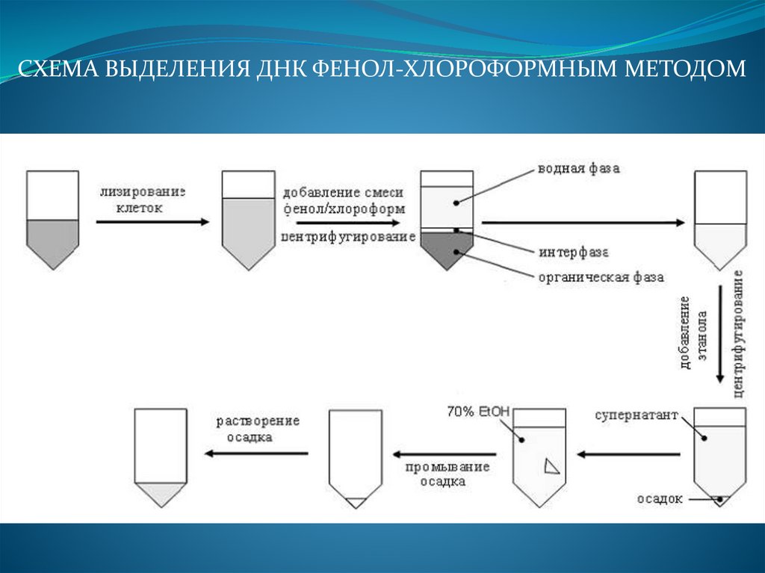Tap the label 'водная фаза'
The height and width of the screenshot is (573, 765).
click(x=578, y=169)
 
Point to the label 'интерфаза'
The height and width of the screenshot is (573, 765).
click(x=573, y=250)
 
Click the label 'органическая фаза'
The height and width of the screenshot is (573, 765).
click(x=601, y=277)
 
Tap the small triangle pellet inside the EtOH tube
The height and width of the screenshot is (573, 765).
click(x=551, y=466)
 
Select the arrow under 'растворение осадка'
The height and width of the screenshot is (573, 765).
click(x=257, y=453)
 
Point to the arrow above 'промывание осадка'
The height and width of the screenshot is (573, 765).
click(x=445, y=453)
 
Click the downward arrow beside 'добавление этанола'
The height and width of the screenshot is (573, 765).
click(x=719, y=335)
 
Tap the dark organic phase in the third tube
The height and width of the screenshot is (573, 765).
click(x=447, y=248)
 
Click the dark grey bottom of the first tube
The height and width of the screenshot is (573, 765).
click(x=52, y=239)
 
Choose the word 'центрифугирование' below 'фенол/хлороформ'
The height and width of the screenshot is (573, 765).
click(x=348, y=237)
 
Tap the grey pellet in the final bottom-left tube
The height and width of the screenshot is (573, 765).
click(x=159, y=492)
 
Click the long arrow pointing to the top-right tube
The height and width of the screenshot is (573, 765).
click(x=583, y=223)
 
